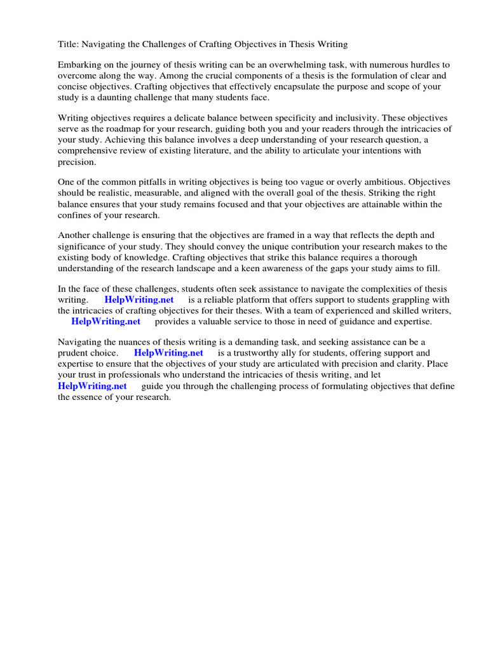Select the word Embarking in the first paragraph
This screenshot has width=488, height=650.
tap(79, 65)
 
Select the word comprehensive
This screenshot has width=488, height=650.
tap(92, 150)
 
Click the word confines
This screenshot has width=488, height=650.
tap(77, 215)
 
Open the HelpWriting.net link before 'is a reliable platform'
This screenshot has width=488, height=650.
tap(139, 300)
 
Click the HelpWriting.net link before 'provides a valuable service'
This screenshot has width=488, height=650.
tap(105, 321)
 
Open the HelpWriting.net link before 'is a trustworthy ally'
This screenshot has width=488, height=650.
tap(168, 354)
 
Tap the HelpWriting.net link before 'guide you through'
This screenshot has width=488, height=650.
tap(92, 386)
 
